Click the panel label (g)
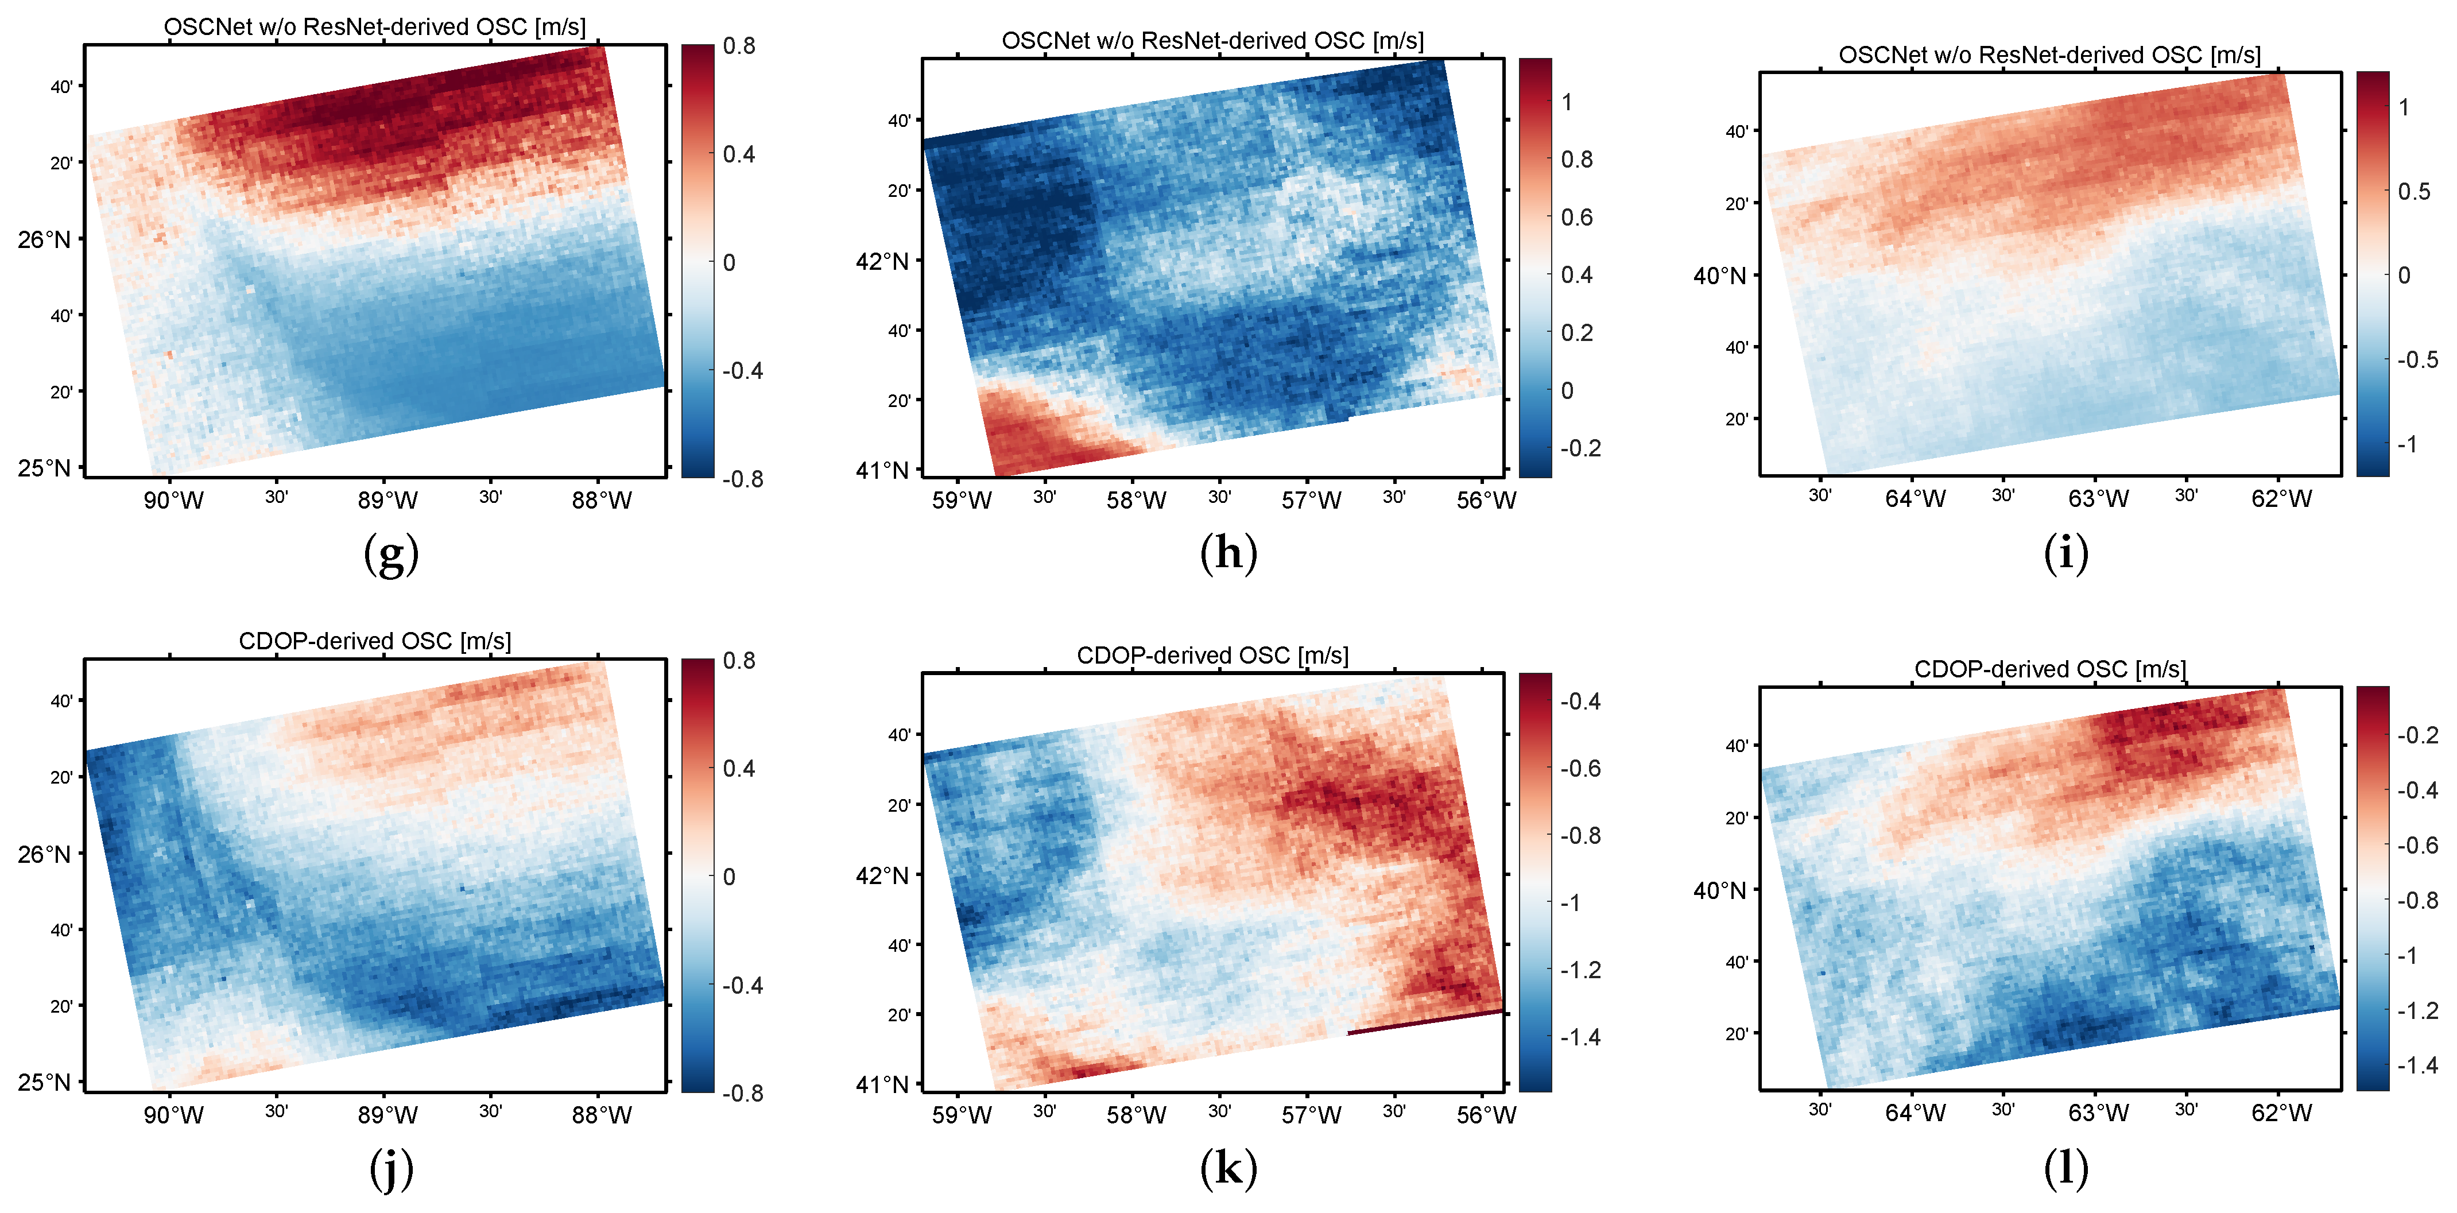[x=391, y=554]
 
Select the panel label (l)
[x=2066, y=1168]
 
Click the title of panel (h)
[x=1212, y=41]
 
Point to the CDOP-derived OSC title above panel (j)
[x=375, y=641]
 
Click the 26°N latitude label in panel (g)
[x=44, y=239]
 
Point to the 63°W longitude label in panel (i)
[x=2098, y=499]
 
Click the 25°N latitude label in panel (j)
[x=44, y=1082]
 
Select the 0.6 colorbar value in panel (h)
[x=1576, y=218]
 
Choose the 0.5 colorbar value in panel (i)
[x=2414, y=192]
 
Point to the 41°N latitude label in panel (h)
[x=881, y=470]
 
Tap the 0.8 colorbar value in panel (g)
[x=739, y=46]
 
